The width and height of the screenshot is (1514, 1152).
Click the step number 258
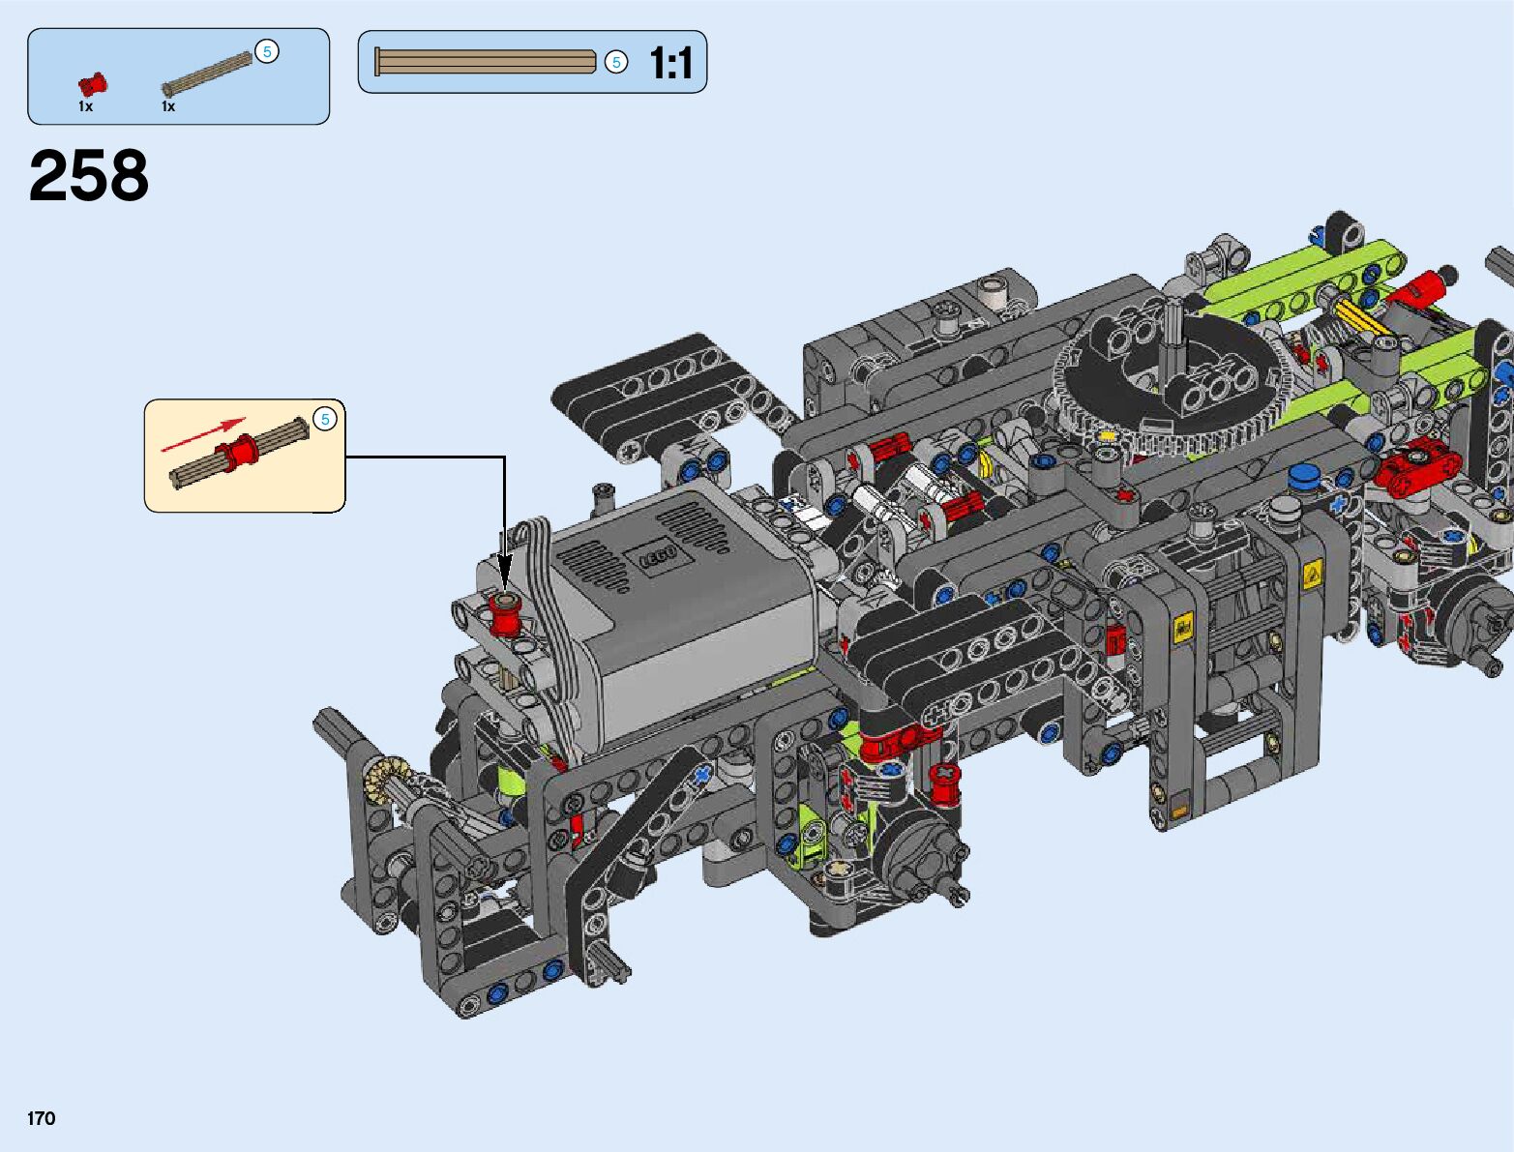click(x=88, y=176)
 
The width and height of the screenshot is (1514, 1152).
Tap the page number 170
click(x=42, y=1118)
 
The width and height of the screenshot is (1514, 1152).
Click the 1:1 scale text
click(x=670, y=63)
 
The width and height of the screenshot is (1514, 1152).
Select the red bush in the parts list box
click(x=93, y=85)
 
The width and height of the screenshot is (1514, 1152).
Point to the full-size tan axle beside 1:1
click(x=485, y=61)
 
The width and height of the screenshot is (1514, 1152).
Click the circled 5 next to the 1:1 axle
click(x=616, y=62)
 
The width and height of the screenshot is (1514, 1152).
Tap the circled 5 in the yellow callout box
click(x=325, y=419)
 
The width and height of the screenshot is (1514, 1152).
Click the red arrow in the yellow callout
click(x=203, y=435)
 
